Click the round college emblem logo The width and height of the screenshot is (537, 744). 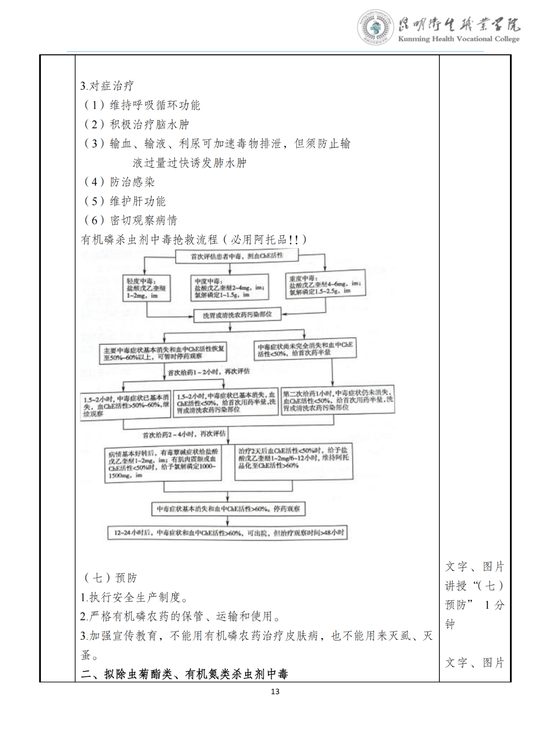375,27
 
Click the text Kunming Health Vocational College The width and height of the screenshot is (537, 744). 458,39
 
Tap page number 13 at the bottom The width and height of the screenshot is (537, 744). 275,691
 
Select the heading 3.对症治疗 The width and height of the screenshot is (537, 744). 107,86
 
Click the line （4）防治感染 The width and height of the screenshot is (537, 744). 120,182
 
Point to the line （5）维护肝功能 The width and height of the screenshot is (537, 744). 125,201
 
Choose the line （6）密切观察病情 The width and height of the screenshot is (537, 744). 131,220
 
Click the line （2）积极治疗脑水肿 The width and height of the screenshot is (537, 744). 137,124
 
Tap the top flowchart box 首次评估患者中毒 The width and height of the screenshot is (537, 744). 237,256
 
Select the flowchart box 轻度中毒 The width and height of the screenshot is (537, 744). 146,288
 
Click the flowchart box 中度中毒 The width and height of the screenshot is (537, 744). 229,288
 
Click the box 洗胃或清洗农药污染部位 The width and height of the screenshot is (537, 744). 237,315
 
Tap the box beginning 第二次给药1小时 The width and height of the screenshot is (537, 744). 338,399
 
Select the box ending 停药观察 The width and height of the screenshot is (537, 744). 228,509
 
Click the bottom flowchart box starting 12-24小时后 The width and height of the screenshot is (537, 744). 228,533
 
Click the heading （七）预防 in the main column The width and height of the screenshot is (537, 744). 111,578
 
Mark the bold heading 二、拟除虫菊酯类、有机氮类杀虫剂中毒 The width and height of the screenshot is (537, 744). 184,674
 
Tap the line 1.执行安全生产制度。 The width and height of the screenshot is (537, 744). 134,597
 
